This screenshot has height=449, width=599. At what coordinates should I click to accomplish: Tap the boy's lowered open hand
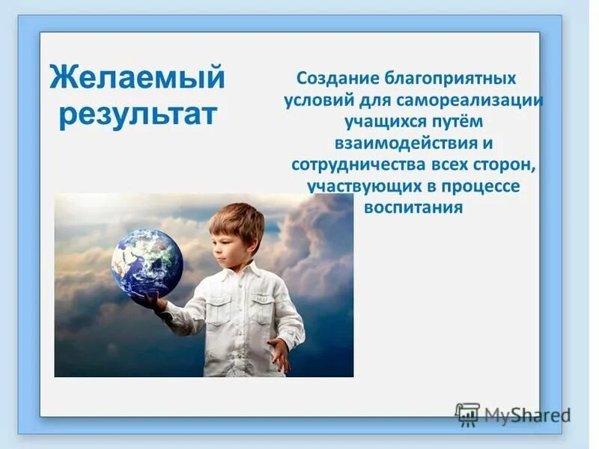[x=279, y=352]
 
